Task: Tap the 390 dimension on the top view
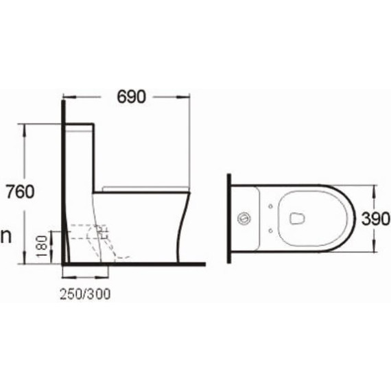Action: coord(377,219)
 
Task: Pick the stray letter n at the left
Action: coord(6,237)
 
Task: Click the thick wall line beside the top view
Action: coord(228,219)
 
